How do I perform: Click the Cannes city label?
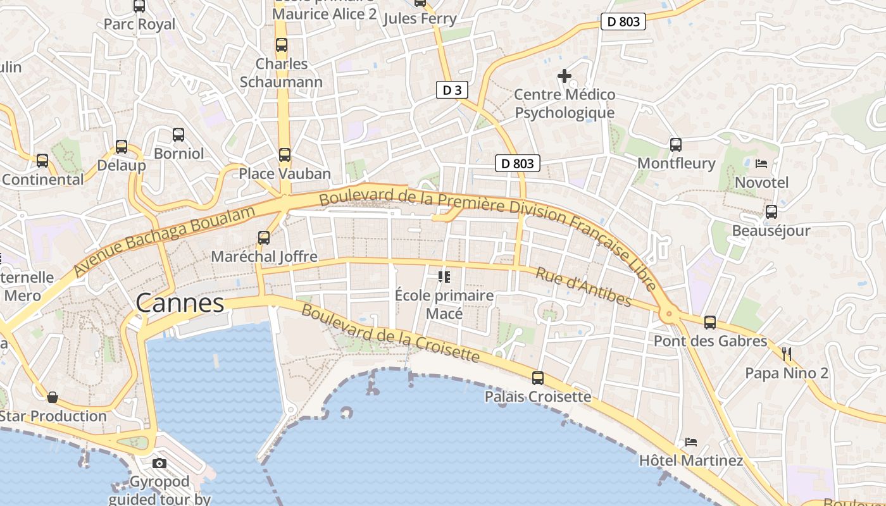coord(180,304)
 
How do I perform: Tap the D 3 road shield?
coord(452,90)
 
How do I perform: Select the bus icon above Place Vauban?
coord(285,154)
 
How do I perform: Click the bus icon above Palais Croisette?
coord(538,378)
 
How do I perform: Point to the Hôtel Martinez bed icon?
coord(691,441)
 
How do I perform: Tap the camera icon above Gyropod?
coord(159,464)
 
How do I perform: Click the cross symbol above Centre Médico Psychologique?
coord(564,77)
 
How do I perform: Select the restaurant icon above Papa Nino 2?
coord(787,353)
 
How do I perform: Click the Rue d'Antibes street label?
coord(583,287)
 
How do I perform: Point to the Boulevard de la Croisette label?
coord(390,333)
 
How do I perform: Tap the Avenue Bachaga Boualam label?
coord(163,240)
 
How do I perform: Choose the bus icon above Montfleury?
coord(676,144)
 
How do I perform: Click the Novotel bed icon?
coord(761,164)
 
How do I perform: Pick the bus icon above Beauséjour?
coord(771,211)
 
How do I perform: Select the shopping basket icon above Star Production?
coord(53,397)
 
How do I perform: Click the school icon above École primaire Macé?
coord(444,276)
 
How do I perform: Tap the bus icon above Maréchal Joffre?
coord(264,238)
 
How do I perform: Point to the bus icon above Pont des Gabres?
coord(710,323)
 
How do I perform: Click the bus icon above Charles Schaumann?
coord(282,45)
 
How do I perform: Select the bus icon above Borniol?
coord(178,134)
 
